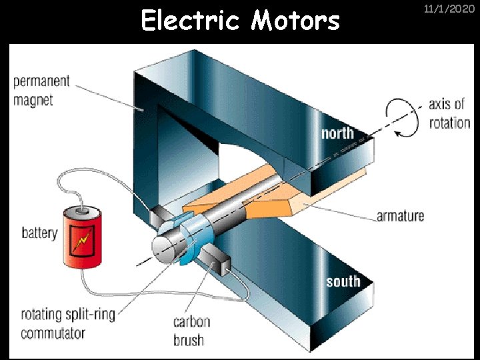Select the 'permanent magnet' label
(x=41, y=91)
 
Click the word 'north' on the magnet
(x=337, y=133)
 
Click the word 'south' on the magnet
(x=343, y=282)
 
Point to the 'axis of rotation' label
(x=449, y=113)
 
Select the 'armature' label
(x=400, y=215)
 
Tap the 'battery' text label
(x=39, y=233)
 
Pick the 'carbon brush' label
(x=192, y=330)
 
